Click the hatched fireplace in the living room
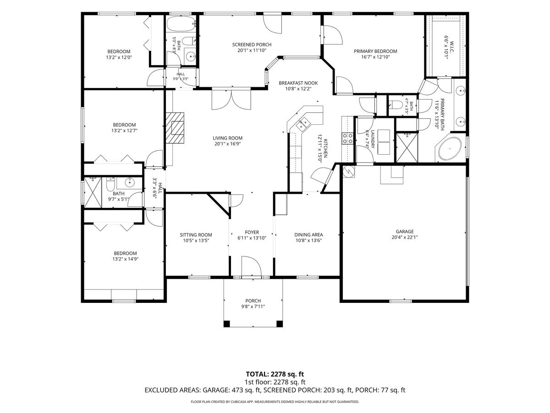tap(175, 128)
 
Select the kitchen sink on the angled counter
tap(302, 124)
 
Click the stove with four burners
tap(347, 139)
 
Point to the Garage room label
tap(405, 231)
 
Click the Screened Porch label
tap(252, 45)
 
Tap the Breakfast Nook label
tap(298, 83)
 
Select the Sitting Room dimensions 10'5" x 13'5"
tap(196, 240)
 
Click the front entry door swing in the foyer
tap(252, 266)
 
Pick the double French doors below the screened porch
tap(231, 100)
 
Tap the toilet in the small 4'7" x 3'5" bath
tap(394, 104)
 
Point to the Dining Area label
tap(308, 234)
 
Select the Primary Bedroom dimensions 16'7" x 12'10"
tap(375, 57)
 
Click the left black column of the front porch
tap(226, 324)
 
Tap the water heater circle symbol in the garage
tap(348, 171)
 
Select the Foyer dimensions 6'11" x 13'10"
tap(252, 238)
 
